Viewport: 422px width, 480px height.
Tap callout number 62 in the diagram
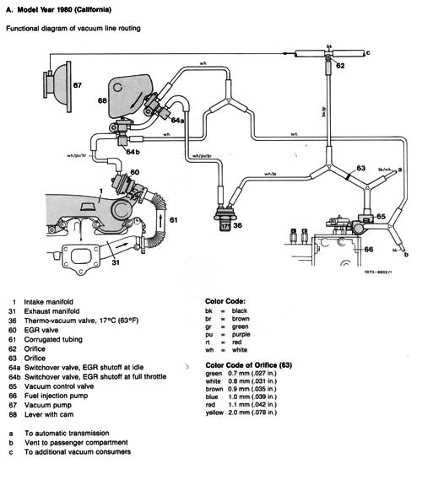click(x=339, y=65)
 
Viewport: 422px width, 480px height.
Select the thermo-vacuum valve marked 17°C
click(x=225, y=222)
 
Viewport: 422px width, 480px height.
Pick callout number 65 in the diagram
click(x=381, y=216)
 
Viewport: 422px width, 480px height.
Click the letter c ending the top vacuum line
click(x=368, y=53)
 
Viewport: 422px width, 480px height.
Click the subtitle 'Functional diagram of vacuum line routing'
click(x=73, y=29)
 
